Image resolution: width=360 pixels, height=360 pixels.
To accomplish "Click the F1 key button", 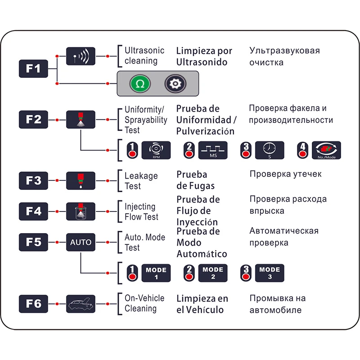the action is click(x=33, y=69).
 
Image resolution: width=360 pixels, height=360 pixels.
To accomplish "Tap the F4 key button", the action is click(x=33, y=211).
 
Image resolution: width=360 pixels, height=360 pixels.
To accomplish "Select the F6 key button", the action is click(x=33, y=304).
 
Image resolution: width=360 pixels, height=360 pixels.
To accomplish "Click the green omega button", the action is click(x=140, y=84).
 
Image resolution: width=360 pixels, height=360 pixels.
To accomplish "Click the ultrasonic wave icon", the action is click(x=81, y=56).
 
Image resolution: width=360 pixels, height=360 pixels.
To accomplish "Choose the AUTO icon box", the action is click(x=81, y=242).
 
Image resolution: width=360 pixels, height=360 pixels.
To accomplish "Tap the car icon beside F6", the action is click(x=81, y=304).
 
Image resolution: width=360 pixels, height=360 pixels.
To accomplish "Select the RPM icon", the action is click(x=156, y=150).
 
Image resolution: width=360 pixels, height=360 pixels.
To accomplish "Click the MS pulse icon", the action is click(x=213, y=150).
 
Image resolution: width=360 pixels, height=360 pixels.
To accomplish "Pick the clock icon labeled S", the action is click(x=270, y=150).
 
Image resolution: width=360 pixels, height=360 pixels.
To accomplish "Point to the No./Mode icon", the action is click(x=326, y=150).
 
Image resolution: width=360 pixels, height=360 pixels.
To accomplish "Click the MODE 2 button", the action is click(x=213, y=273).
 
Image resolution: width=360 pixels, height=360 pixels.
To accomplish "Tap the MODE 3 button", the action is click(x=270, y=273).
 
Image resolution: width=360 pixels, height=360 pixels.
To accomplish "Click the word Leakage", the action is click(x=141, y=176).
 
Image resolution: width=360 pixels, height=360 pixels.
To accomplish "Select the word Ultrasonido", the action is click(x=202, y=62).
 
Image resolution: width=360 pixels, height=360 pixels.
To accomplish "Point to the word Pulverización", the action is click(x=205, y=131).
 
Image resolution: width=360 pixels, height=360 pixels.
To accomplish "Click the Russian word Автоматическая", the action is click(x=284, y=231).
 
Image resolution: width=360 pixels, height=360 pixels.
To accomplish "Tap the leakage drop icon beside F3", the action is click(x=81, y=181).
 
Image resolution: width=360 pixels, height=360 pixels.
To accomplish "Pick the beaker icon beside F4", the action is click(x=81, y=211).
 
